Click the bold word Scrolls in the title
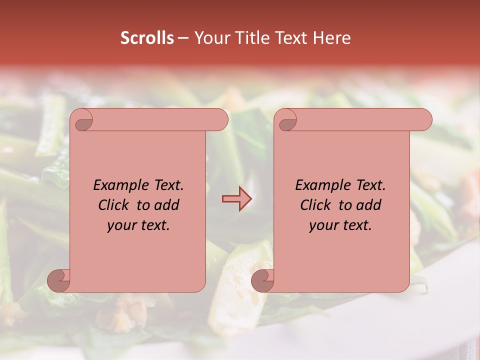click(x=147, y=38)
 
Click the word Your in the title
click(x=210, y=38)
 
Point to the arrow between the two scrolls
click(x=236, y=199)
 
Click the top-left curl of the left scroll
click(x=82, y=120)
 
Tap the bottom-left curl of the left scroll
click(x=59, y=280)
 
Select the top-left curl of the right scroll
click(x=286, y=120)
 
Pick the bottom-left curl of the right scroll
click(x=263, y=280)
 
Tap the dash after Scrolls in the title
click(x=183, y=38)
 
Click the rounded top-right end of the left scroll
click(x=220, y=120)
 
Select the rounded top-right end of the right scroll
click(x=424, y=120)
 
